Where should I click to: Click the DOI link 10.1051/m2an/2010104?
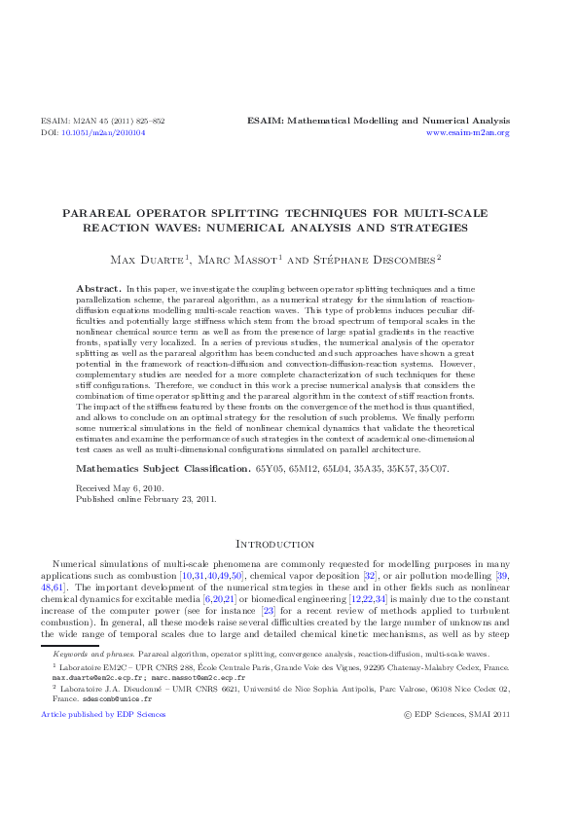pyautogui.click(x=103, y=132)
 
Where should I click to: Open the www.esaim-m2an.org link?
pyautogui.click(x=469, y=132)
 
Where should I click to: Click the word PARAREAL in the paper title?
pyautogui.click(x=99, y=212)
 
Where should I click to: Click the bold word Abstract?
pyautogui.click(x=98, y=290)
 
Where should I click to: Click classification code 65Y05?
pyautogui.click(x=268, y=468)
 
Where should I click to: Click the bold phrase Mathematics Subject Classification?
pyautogui.click(x=163, y=468)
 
